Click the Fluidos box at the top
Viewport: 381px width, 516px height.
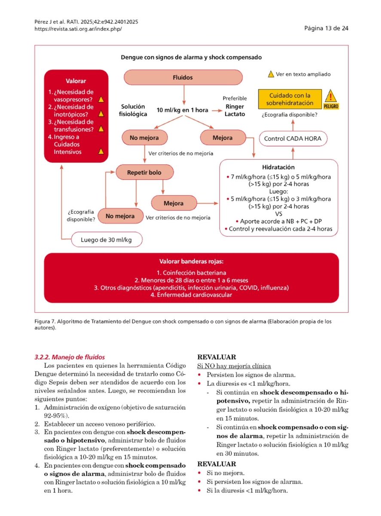[x=183, y=78]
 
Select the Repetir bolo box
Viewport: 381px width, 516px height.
[x=144, y=173]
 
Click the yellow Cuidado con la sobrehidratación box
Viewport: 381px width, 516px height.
[x=290, y=100]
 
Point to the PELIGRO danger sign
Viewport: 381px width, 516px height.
[x=332, y=99]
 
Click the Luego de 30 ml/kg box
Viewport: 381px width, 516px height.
[x=106, y=240]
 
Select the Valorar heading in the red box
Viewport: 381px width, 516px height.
[x=76, y=81]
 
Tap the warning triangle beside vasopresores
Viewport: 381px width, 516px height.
[x=101, y=99]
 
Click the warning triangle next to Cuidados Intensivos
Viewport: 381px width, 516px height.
[x=101, y=151]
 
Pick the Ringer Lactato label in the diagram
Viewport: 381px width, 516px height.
[x=235, y=111]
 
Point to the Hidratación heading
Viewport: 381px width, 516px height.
[x=278, y=167]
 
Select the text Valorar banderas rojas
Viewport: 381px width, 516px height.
[x=191, y=261]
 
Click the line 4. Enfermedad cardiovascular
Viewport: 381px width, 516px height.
[x=191, y=295]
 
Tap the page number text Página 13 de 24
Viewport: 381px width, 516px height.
[x=326, y=28]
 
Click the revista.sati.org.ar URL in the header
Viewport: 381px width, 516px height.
[x=78, y=28]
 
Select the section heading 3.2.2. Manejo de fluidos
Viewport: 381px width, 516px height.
[x=70, y=357]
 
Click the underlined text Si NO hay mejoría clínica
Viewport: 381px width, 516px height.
[x=234, y=366]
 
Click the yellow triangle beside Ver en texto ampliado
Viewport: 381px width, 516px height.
[x=271, y=74]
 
